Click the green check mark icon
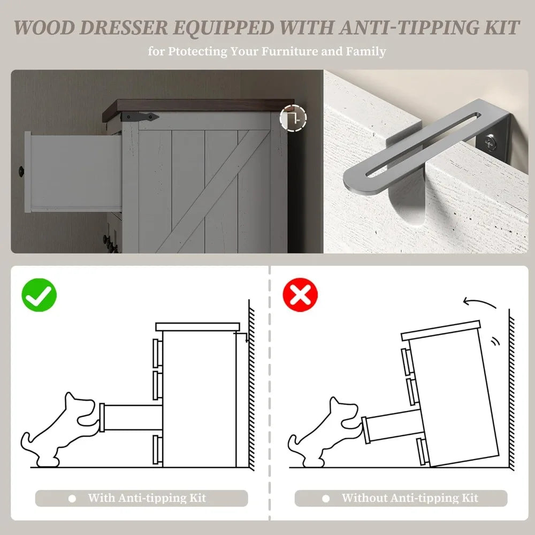point(39,295)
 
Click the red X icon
point(300,295)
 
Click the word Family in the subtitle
point(366,51)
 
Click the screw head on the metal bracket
point(491,142)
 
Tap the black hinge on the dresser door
point(140,117)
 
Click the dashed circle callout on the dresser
point(293,118)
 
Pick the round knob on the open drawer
point(21,171)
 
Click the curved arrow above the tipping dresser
point(479,302)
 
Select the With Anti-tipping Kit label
point(147,498)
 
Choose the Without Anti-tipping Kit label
point(410,498)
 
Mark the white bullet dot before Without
point(326,499)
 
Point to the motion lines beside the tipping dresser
point(495,341)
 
